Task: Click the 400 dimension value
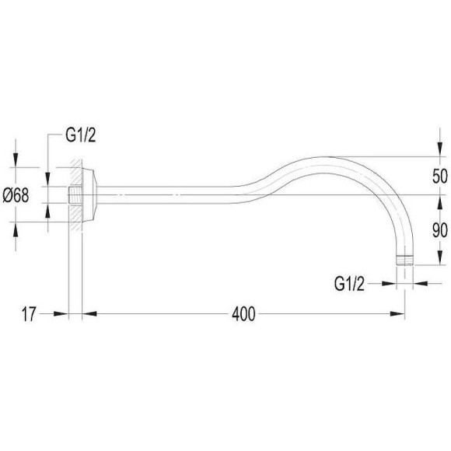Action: (243, 314)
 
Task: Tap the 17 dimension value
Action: (29, 314)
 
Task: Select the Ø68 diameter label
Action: (16, 196)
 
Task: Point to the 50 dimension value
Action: (440, 176)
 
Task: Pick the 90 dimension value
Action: (440, 230)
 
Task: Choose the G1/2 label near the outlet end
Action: (349, 284)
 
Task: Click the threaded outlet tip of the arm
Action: (404, 260)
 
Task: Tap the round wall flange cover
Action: (89, 195)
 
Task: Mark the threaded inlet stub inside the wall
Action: (75, 195)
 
